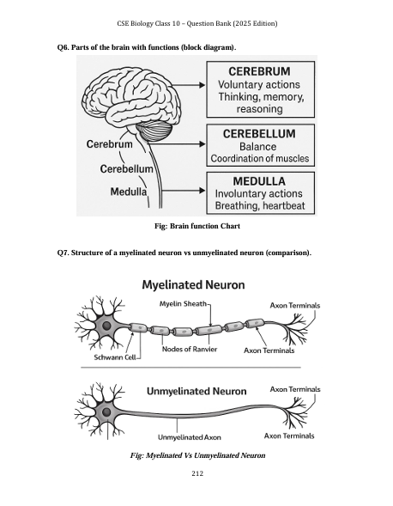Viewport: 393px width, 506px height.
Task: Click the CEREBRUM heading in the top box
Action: coord(259,71)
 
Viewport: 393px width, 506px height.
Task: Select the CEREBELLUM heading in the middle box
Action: coord(259,134)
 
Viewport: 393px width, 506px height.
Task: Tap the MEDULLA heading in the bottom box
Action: coord(259,181)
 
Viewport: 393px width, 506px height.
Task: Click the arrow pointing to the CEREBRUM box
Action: coord(188,85)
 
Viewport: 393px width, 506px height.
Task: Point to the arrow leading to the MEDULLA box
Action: coord(183,191)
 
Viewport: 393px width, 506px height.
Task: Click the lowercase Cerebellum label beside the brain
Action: coord(126,168)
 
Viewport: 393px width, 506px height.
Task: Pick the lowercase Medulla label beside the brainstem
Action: coord(129,192)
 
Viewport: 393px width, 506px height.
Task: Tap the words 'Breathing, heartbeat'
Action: coord(260,205)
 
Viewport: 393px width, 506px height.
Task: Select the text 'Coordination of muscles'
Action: coord(260,158)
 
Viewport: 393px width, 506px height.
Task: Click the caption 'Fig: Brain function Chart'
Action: coord(197,226)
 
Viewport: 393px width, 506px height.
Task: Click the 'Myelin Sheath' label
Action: coord(183,303)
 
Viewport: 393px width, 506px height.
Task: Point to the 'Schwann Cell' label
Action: coord(114,357)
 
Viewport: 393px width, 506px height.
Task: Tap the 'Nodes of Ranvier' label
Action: coord(190,349)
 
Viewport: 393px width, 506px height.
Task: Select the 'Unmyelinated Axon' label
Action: coord(190,437)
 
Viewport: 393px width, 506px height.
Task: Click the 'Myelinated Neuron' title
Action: coord(193,284)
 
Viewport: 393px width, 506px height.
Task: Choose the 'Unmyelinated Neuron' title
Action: coord(196,391)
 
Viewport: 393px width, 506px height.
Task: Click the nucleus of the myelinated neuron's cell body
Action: coord(106,326)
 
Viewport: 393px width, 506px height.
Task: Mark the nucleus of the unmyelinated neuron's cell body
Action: coord(106,412)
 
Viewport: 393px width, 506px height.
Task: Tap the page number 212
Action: coord(197,473)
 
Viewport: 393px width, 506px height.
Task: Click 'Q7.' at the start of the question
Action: coord(63,253)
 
